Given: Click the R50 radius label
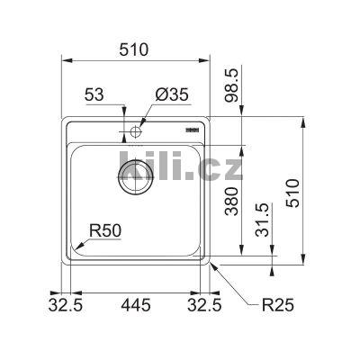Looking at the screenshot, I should (x=104, y=231).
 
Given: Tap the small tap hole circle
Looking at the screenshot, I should (x=136, y=132).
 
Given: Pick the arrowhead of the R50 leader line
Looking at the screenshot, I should (x=76, y=249).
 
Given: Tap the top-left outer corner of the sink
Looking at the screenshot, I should (x=62, y=117).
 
